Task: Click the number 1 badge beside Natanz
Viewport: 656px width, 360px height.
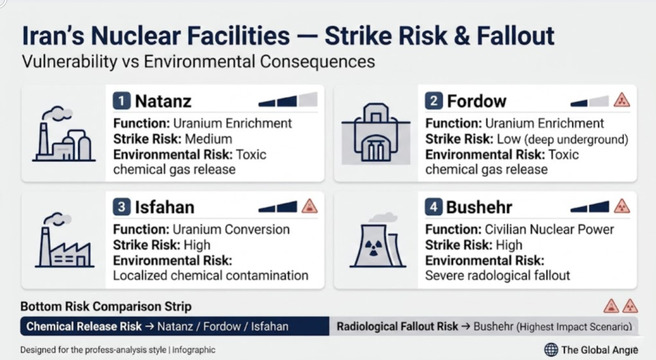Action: coord(121,101)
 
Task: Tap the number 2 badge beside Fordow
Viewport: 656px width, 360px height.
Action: coord(434,101)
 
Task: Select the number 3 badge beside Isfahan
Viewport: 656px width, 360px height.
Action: coord(121,207)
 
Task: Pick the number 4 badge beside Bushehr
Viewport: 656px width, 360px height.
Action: coord(434,207)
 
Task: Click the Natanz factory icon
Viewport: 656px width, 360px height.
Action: coord(63,135)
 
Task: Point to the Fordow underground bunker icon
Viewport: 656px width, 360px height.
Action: coord(375,133)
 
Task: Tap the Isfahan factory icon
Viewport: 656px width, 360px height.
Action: coord(65,240)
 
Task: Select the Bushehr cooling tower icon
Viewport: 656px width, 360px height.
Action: coord(378,240)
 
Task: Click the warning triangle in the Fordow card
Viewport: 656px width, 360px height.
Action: coord(621,101)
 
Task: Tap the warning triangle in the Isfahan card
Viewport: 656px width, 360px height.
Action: coord(309,206)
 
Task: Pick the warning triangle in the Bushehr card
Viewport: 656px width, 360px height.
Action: coord(621,206)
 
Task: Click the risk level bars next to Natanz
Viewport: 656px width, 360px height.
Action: coord(288,100)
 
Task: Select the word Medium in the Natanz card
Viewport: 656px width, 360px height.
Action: coord(208,139)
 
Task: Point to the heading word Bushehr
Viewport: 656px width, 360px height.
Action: coord(479,207)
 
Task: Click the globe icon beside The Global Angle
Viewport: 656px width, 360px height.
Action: coord(551,349)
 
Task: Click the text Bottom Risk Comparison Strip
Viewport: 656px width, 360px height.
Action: coord(106,306)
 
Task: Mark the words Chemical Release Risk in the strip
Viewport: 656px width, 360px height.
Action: coord(84,327)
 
